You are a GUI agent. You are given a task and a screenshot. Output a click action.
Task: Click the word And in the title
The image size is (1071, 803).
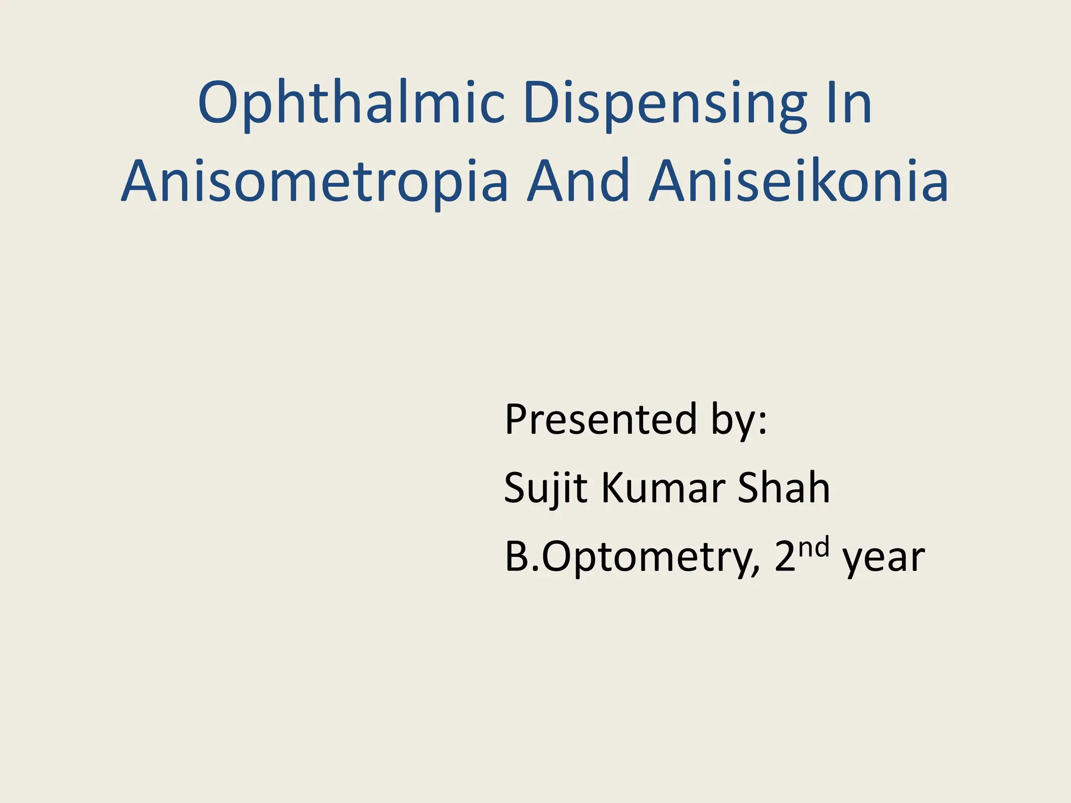point(578,180)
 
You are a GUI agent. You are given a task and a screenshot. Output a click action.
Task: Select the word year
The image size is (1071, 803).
point(884,559)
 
